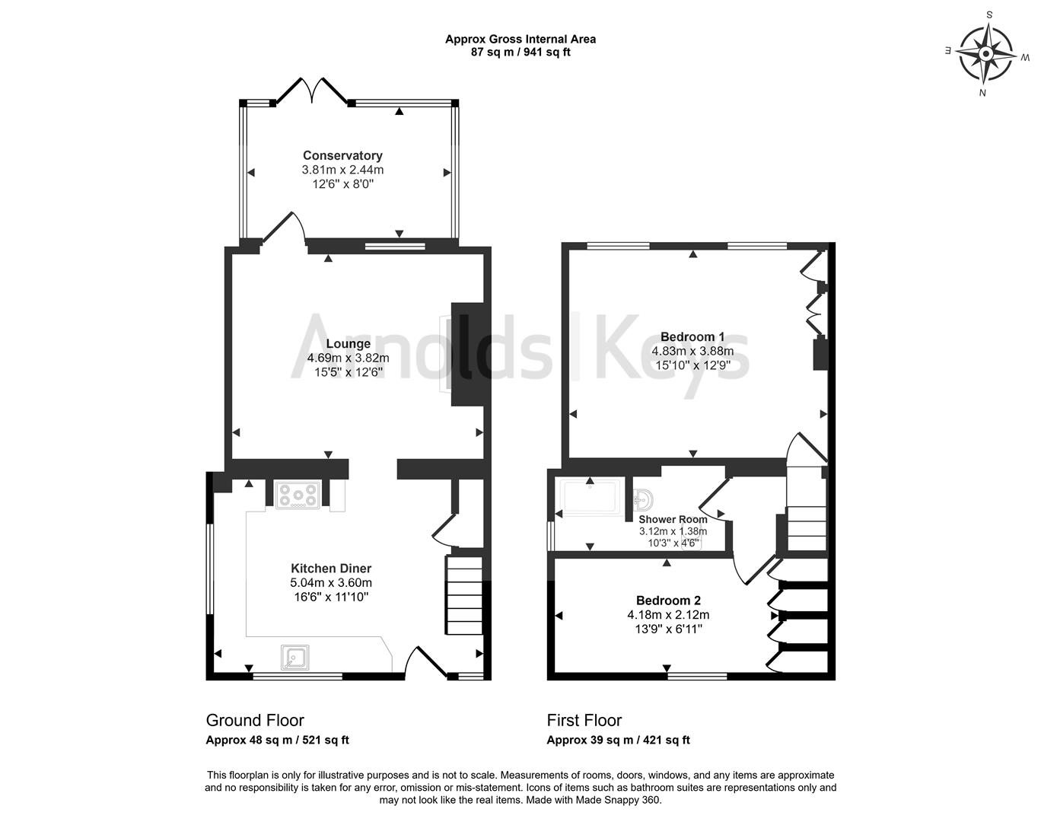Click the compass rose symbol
click(985, 54)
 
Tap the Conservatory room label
click(342, 156)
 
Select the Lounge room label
click(348, 344)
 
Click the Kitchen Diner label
click(331, 569)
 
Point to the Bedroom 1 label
click(692, 337)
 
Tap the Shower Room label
click(673, 519)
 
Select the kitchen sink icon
click(294, 657)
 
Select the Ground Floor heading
click(255, 721)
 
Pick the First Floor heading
click(584, 721)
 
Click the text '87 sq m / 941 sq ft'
click(520, 53)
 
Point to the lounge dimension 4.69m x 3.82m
click(348, 358)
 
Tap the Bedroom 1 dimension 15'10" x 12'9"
click(692, 365)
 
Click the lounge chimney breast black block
click(467, 355)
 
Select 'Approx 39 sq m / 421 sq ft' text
click(618, 741)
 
